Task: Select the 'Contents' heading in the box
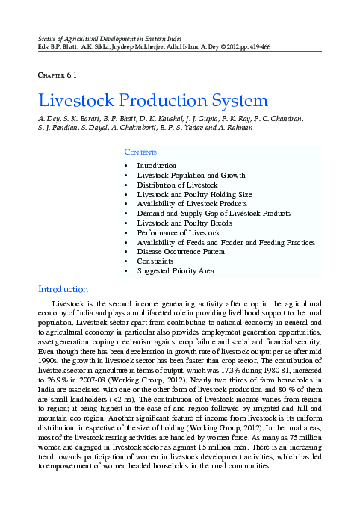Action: (x=140, y=152)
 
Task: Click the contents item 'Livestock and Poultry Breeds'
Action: (x=184, y=223)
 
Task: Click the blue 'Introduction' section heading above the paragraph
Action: (x=63, y=289)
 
